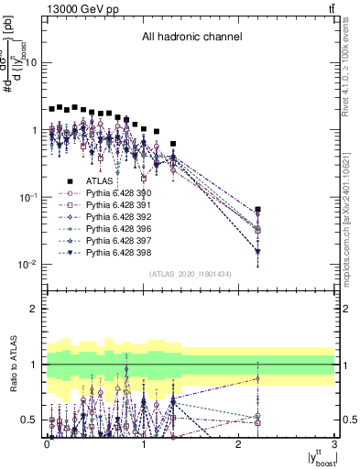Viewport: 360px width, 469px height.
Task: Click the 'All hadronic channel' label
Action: (191, 38)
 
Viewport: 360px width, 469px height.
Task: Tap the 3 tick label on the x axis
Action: (335, 444)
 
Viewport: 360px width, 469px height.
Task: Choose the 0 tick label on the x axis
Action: (48, 444)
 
